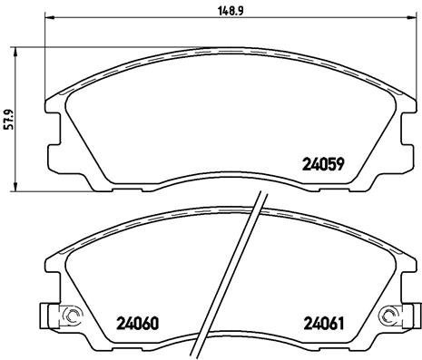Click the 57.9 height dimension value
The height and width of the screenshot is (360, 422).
(8, 120)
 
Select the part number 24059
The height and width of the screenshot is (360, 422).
(320, 164)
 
